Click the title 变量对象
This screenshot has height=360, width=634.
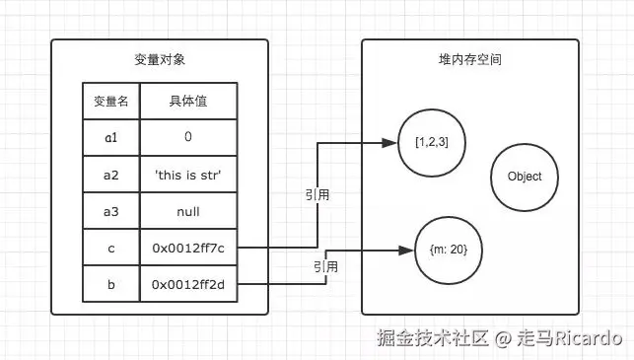click(160, 60)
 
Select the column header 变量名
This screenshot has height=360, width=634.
click(110, 101)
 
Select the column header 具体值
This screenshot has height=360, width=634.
click(188, 101)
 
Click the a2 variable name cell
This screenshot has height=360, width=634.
click(110, 175)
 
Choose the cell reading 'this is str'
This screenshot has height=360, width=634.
click(188, 175)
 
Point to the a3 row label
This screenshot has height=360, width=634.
click(110, 211)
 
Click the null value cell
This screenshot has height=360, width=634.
click(188, 211)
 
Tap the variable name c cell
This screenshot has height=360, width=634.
click(110, 248)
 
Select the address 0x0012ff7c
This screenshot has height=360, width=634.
click(188, 248)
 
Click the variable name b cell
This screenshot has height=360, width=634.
click(110, 284)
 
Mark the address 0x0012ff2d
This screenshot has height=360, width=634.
click(188, 284)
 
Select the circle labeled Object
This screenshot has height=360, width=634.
click(525, 177)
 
